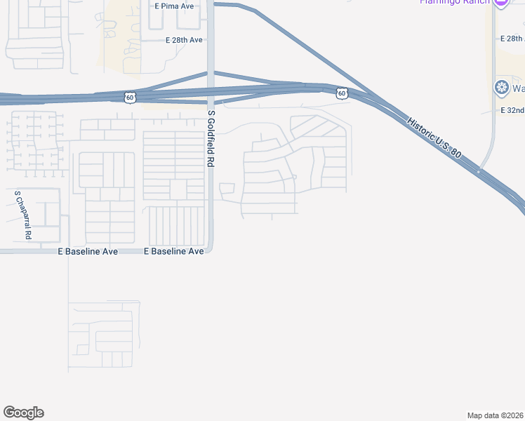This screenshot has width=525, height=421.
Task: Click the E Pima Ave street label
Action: coord(174,6)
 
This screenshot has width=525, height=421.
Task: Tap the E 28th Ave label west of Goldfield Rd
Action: coord(184,41)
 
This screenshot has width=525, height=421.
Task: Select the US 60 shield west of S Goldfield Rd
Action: coord(130,98)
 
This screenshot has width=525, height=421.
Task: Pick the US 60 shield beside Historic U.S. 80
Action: coord(341,93)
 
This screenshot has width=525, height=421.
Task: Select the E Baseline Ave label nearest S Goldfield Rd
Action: coord(174,251)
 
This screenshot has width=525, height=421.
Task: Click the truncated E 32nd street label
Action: coord(512,111)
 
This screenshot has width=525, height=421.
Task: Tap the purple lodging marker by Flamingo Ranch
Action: coord(500,3)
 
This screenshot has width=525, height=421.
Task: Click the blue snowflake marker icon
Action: coord(501,88)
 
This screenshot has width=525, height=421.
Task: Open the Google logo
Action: coord(23,413)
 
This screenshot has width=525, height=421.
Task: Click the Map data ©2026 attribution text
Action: coord(496,415)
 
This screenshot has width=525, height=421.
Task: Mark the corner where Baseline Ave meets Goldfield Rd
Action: coord(211,250)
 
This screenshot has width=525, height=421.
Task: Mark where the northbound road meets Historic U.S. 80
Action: coord(479,171)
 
